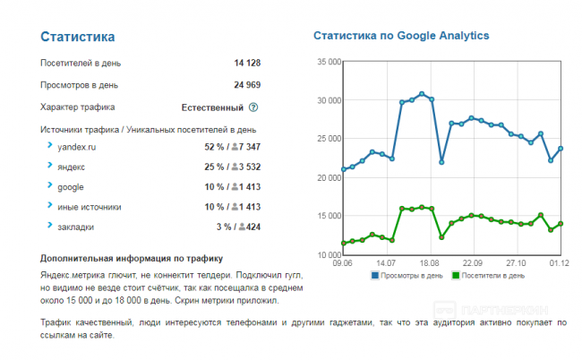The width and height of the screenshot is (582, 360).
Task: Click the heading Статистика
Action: tap(78, 38)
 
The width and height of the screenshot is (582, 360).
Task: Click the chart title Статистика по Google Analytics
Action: tap(401, 36)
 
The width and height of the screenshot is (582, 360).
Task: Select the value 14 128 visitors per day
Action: tap(246, 64)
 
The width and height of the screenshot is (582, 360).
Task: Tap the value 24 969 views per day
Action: tap(246, 85)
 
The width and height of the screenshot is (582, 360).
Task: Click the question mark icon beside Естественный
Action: tap(253, 107)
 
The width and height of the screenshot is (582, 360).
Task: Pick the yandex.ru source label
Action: tap(76, 146)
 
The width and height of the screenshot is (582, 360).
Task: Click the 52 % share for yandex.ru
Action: tap(213, 146)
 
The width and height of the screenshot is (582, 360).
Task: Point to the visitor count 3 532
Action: tap(245, 167)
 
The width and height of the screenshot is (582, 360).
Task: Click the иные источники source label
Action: tap(89, 208)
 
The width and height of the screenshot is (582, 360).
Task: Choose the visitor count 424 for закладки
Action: tap(252, 227)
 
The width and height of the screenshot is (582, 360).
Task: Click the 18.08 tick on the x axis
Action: tap(429, 263)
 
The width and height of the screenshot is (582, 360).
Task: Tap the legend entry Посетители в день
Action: tap(492, 276)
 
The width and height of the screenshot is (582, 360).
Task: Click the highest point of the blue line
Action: tap(421, 94)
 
